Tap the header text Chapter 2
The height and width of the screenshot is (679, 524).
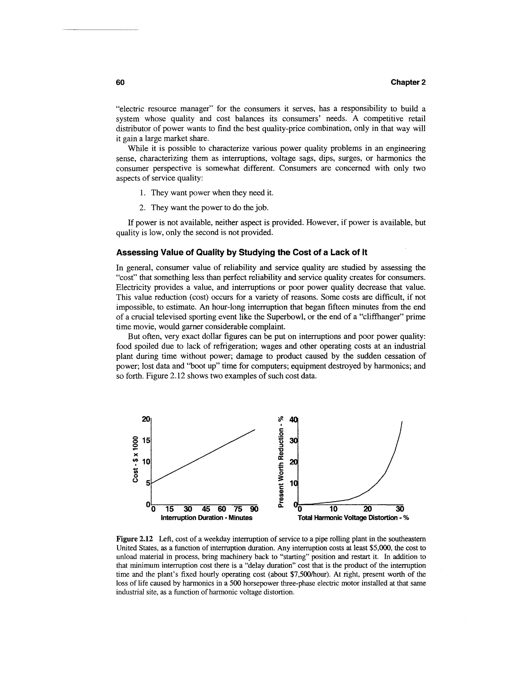click(408, 83)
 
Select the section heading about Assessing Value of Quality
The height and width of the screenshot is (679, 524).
click(241, 252)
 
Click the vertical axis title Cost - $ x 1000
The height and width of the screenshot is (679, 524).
click(135, 459)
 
